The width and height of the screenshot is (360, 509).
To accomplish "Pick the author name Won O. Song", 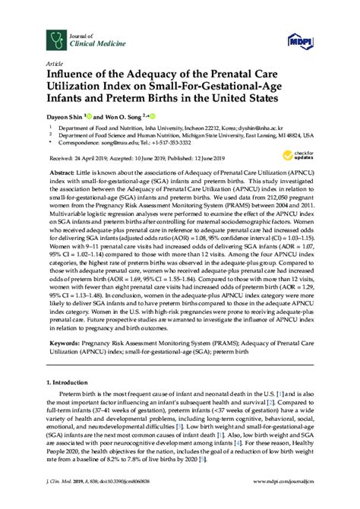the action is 122,116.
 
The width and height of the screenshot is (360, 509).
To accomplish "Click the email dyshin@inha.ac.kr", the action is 279,129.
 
